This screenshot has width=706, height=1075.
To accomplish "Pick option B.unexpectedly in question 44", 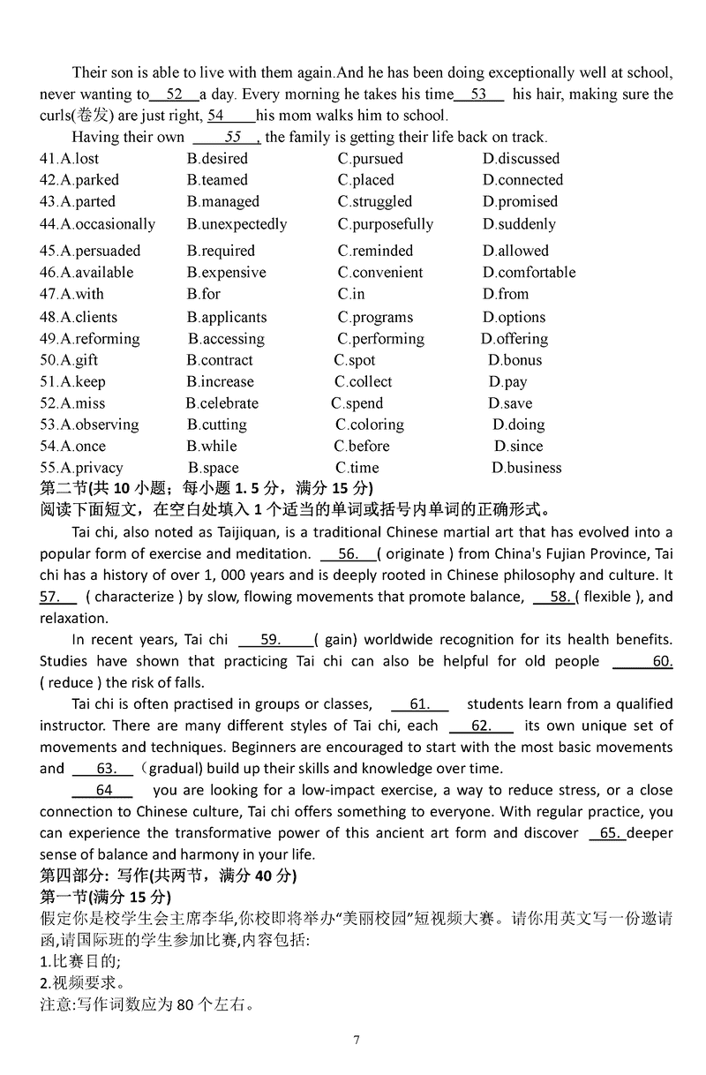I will point(237,224).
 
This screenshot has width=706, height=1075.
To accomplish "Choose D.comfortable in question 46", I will point(529,273).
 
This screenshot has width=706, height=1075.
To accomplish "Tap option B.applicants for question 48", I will point(227,317).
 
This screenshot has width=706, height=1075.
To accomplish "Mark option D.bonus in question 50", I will point(515,360).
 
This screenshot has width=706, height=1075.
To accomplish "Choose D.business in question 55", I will point(527,468).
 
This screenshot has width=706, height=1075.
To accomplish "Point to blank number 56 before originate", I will point(348,554).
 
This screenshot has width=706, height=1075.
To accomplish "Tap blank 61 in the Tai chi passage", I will point(420,704).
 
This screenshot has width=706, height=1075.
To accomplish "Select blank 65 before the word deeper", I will point(607,833).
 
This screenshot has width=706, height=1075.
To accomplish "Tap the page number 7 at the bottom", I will point(357,1040).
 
